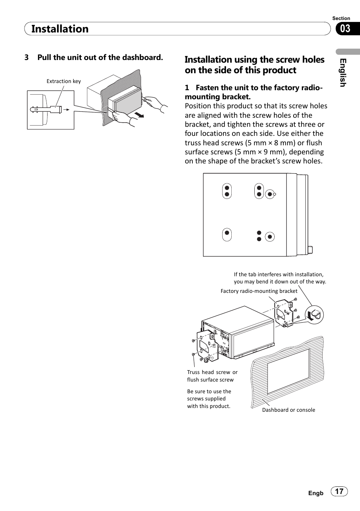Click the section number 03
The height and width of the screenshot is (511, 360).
click(345, 29)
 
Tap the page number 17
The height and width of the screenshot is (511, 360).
click(339, 491)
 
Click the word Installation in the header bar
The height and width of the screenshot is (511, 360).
click(60, 29)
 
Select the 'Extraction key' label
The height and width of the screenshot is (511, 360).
click(64, 81)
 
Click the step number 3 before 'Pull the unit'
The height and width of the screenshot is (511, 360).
click(26, 57)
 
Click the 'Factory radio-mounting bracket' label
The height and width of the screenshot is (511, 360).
click(259, 291)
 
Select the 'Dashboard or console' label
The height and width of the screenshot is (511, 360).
click(289, 410)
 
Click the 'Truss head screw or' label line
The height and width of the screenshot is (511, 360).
click(212, 372)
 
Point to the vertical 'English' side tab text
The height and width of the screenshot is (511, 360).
click(343, 73)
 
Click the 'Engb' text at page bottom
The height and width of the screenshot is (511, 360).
click(316, 493)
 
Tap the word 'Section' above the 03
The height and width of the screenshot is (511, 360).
click(341, 18)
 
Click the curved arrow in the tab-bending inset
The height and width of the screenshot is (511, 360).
click(310, 316)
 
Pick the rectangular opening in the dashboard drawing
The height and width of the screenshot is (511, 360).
click(288, 372)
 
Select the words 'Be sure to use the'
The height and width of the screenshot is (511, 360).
click(209, 391)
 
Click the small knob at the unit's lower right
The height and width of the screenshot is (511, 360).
click(310, 249)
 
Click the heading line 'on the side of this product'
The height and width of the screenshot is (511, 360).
click(240, 70)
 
